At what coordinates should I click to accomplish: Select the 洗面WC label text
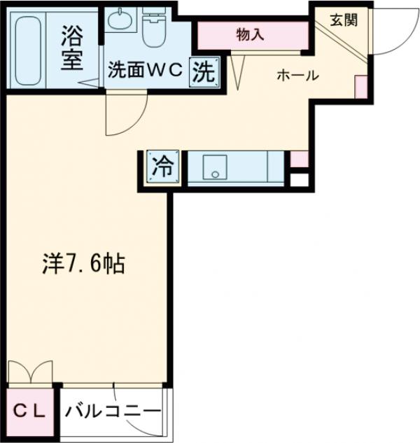[x=145, y=71]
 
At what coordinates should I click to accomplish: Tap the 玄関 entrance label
[x=343, y=19]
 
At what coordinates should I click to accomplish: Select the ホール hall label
[x=297, y=76]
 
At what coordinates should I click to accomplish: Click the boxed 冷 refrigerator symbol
[x=162, y=167]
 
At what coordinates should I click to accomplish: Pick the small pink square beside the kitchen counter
[x=298, y=159]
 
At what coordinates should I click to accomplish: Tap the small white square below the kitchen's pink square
[x=299, y=179]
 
